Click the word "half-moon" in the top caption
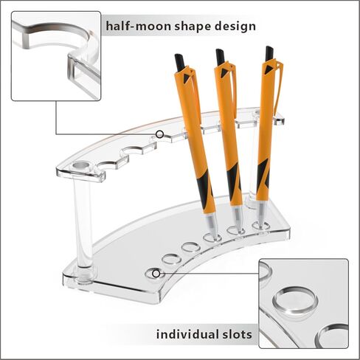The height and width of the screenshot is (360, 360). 139,26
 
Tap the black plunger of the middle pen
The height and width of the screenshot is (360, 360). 220,57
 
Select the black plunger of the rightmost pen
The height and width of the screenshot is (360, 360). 269,53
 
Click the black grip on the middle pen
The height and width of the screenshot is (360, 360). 233,179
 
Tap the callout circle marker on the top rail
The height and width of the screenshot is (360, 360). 159,134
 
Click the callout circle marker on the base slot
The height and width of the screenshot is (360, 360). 156,274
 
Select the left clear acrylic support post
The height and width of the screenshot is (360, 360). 83,221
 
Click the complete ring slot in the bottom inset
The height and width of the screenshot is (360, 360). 295,300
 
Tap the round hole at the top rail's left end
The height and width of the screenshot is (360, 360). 82,165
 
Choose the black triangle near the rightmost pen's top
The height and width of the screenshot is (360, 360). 268,69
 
